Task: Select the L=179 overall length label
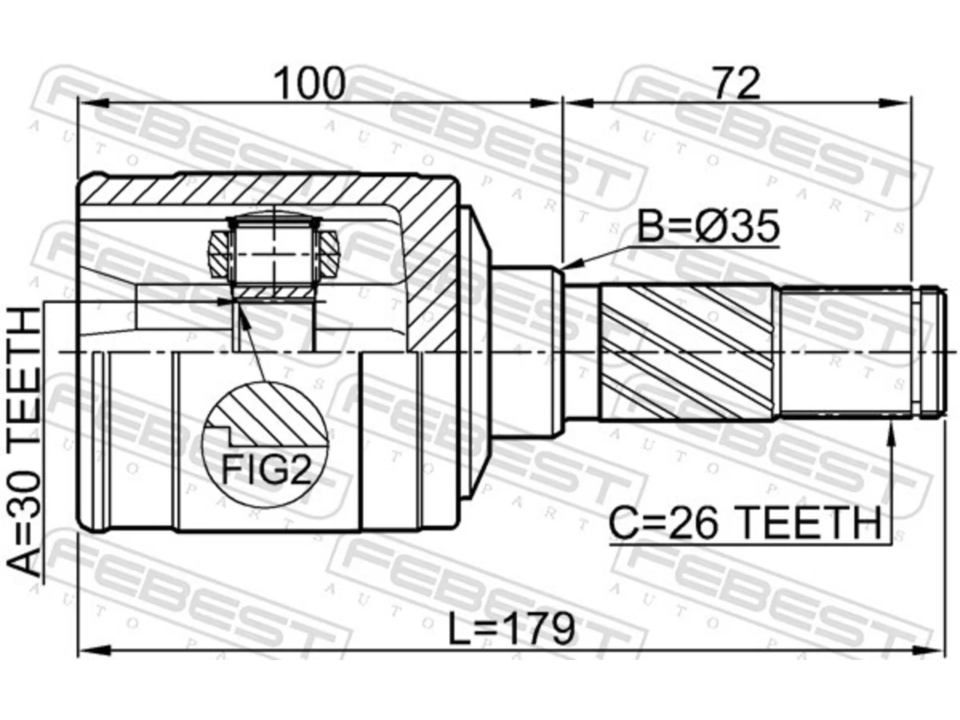[511, 629]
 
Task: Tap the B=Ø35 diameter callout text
[708, 226]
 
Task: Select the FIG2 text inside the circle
[266, 468]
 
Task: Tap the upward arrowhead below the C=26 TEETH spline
[891, 433]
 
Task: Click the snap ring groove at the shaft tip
[917, 352]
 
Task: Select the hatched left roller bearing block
[218, 253]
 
